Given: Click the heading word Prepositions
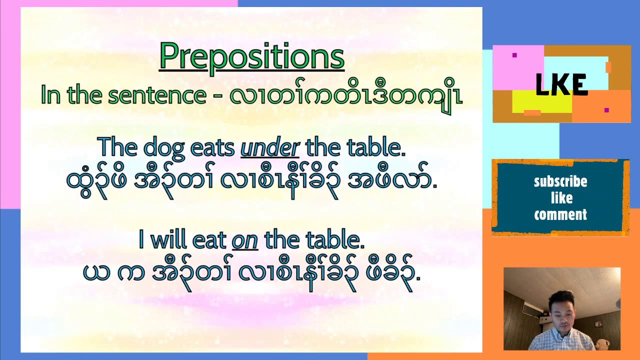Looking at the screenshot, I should pyautogui.click(x=251, y=56).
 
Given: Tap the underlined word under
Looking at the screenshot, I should pyautogui.click(x=269, y=147).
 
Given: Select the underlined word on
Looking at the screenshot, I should pyautogui.click(x=244, y=240).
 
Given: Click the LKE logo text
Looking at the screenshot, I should pyautogui.click(x=561, y=85).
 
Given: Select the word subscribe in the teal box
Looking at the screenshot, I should pyautogui.click(x=560, y=181).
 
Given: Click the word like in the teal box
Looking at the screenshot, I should pyautogui.click(x=561, y=198).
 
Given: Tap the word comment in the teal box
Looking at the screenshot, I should pyautogui.click(x=560, y=215).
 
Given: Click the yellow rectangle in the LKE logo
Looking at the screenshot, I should pyautogui.click(x=542, y=102).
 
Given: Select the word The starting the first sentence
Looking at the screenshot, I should pyautogui.click(x=117, y=147).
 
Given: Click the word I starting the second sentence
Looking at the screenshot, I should pyautogui.click(x=141, y=240).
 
